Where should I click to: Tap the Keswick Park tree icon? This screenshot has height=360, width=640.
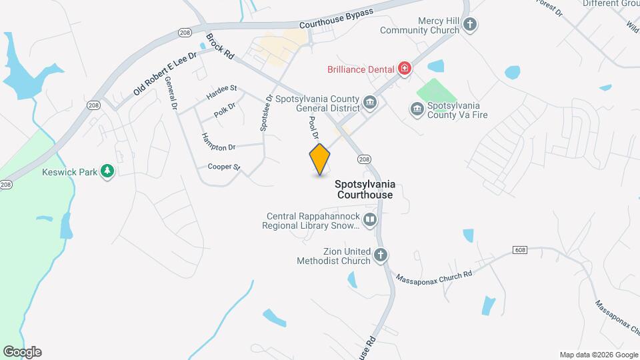tap(107, 171)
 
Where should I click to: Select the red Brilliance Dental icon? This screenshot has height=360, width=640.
tap(404, 68)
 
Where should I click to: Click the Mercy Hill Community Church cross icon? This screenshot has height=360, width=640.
tap(471, 25)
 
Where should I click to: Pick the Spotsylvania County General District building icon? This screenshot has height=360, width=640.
tap(371, 103)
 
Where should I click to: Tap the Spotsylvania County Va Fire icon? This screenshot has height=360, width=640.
tap(417, 109)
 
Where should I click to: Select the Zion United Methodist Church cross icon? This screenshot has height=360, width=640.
tap(380, 255)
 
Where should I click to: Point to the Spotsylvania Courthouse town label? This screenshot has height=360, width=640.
tap(365, 189)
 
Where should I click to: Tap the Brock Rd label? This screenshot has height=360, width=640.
tap(219, 47)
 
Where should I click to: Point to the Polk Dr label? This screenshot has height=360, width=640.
tap(225, 110)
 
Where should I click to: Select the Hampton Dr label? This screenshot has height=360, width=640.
tap(219, 141)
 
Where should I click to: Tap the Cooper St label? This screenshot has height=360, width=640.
tap(223, 167)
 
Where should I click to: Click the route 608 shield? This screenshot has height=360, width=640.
tap(521, 249)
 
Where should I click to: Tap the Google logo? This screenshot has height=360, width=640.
tap(22, 351)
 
